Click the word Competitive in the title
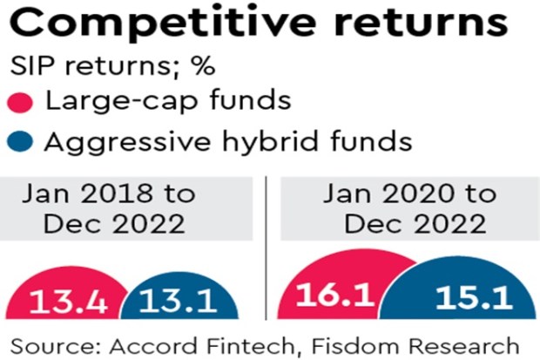pyautogui.click(x=163, y=24)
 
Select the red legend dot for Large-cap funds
pyautogui.click(x=20, y=102)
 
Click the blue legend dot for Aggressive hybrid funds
pyautogui.click(x=20, y=141)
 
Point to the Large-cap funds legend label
pyautogui.click(x=168, y=100)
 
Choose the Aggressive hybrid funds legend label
pyautogui.click(x=228, y=142)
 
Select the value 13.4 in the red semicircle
pyautogui.click(x=69, y=302)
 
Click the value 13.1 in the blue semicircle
pyautogui.click(x=179, y=301)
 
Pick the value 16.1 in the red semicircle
pyautogui.click(x=335, y=295)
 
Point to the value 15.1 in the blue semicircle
pyautogui.click(x=474, y=296)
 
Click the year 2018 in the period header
pyautogui.click(x=117, y=194)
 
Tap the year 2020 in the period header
pyautogui.click(x=418, y=194)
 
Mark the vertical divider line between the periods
pyautogui.click(x=266, y=248)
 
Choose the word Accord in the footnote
pyautogui.click(x=154, y=346)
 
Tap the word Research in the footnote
pyautogui.click(x=464, y=346)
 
